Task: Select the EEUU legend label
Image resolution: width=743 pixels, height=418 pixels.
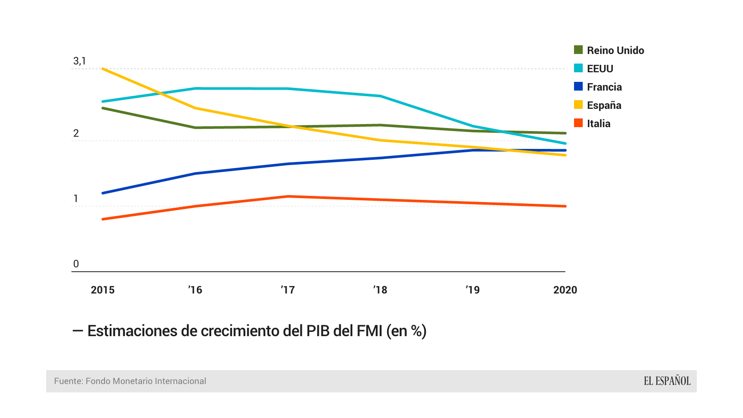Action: point(600,69)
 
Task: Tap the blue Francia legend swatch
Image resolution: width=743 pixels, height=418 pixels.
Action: point(578,87)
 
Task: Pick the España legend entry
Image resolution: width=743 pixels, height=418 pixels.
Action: point(604,105)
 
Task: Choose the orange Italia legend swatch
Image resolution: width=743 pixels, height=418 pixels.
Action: point(578,123)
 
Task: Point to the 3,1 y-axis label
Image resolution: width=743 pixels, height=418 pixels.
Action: point(79,61)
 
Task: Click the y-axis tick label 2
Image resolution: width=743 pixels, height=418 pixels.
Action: point(76,133)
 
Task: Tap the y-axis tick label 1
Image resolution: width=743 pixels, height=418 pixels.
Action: point(76,199)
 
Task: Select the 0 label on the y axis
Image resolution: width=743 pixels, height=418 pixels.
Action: point(76,264)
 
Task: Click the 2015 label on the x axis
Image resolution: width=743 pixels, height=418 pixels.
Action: point(102,290)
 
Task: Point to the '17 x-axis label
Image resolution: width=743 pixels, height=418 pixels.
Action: point(287,290)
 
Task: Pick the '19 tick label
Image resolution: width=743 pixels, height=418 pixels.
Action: point(473,290)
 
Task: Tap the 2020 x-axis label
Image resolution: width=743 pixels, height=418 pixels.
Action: point(565,290)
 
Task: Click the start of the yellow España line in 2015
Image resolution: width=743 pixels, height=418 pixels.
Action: point(102,69)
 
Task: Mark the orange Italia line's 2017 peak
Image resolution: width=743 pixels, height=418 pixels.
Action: point(288,196)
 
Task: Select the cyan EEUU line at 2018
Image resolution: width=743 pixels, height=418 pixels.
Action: point(380,96)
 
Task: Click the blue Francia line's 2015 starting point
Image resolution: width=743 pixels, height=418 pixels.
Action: point(102,193)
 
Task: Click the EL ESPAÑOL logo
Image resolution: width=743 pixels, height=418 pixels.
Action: point(667,381)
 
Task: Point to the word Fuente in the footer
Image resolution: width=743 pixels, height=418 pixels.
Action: point(68,381)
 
